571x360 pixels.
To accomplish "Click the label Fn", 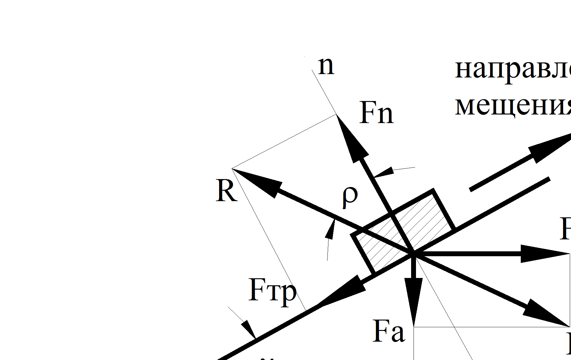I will [x=376, y=113].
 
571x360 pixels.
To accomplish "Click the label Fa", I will [x=389, y=332].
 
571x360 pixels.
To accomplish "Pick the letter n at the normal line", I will [x=326, y=66].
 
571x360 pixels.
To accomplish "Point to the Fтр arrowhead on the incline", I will [x=340, y=291].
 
